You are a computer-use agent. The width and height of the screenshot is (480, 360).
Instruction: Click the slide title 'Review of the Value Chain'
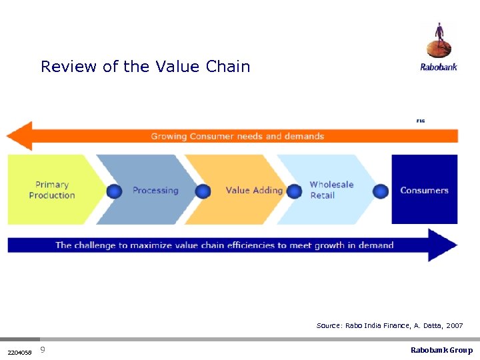coord(145,67)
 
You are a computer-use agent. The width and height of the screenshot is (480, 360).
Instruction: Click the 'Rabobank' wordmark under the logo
coord(438,67)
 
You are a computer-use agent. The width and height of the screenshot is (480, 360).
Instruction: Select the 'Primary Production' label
coord(52,190)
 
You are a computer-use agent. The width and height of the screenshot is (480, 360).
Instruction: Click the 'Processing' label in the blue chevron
coord(155,191)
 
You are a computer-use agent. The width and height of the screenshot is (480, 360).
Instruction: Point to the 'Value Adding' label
coord(254,191)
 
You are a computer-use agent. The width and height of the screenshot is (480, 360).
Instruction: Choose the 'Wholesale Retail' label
coord(331,190)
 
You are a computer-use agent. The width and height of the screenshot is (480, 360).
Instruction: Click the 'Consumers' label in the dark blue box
coord(424,191)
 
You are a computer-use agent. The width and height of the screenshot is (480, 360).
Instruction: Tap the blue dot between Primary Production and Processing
coord(114,192)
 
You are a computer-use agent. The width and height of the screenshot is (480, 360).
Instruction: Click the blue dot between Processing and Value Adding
coord(203,192)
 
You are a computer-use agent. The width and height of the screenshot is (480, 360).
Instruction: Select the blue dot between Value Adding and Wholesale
coord(292,192)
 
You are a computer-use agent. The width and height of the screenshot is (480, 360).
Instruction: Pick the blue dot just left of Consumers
coord(381,192)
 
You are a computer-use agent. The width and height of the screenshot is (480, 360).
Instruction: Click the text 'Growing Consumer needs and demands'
coord(237,137)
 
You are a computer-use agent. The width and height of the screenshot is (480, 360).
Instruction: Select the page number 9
coord(43,350)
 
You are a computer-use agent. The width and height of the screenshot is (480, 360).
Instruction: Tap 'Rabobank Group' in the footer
coord(441,351)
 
